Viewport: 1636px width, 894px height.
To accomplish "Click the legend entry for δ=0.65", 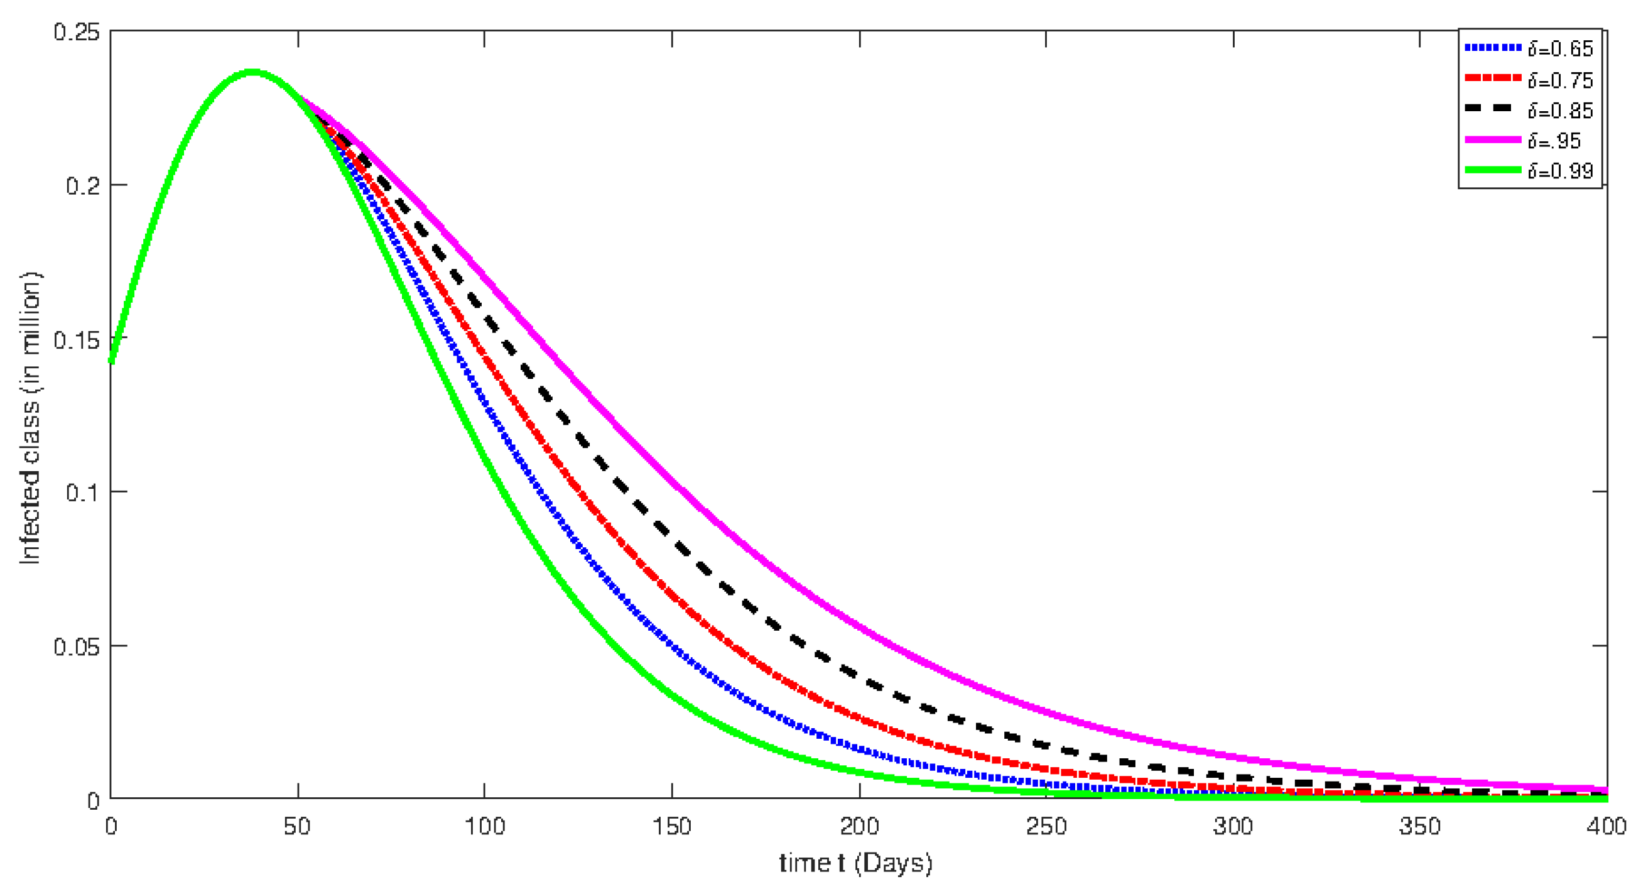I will point(1560,49).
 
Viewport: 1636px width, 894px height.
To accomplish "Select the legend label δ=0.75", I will point(1560,80).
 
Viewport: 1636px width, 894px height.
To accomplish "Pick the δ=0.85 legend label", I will point(1560,111).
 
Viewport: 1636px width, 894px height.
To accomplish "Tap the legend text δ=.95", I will point(1554,141).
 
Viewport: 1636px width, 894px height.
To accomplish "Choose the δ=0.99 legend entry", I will point(1560,171).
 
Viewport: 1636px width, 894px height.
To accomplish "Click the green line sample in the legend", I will point(1492,170).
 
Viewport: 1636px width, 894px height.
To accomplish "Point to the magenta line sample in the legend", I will point(1492,139).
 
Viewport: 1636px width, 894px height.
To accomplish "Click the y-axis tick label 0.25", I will point(77,32).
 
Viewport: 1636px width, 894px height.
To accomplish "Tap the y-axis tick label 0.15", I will point(77,340).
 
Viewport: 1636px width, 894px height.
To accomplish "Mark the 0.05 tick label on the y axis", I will point(77,647).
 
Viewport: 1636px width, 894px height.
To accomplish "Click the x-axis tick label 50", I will point(297,827).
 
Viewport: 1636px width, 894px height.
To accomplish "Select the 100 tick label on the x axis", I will point(485,827).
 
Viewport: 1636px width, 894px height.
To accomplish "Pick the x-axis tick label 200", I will point(859,827).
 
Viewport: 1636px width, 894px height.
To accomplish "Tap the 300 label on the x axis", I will point(1233,827).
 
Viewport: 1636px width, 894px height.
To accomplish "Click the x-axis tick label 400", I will point(1606,827).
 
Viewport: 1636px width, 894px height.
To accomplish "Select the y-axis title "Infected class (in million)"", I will point(31,417).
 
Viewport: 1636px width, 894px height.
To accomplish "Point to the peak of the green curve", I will point(252,72).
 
